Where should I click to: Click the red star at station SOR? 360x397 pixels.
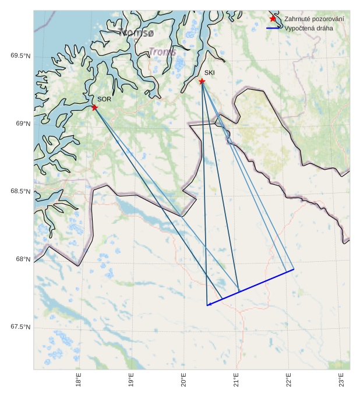click(94, 107)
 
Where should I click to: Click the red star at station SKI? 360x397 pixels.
click(202, 81)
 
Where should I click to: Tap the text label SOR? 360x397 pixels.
click(104, 100)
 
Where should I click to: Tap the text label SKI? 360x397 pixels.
click(209, 73)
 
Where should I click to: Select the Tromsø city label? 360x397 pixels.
click(136, 33)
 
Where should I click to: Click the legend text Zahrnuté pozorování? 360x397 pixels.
click(313, 19)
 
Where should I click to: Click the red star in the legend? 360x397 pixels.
click(273, 19)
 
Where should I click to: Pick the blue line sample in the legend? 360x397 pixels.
click(273, 28)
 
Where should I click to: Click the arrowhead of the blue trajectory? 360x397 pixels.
click(208, 304)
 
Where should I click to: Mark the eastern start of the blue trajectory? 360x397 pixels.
click(294, 269)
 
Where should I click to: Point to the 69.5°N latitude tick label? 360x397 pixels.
click(20, 56)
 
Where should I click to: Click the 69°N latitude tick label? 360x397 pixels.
click(23, 124)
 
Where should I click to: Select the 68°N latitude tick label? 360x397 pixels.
click(23, 259)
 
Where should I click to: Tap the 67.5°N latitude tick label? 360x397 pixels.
click(20, 327)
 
